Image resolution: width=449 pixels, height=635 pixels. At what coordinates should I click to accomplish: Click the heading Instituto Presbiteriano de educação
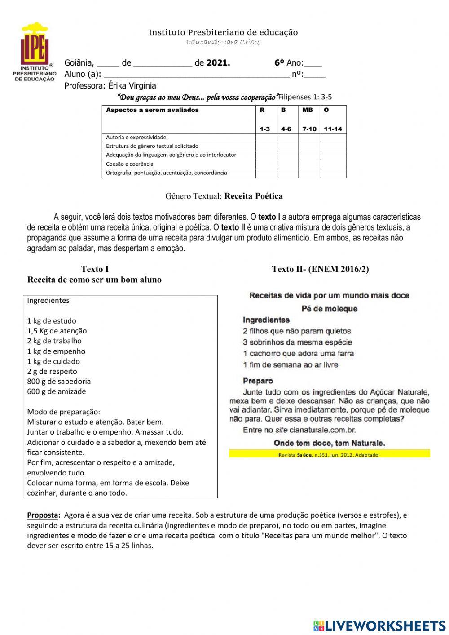click(x=223, y=32)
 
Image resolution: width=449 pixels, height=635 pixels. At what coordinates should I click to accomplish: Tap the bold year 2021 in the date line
click(x=218, y=63)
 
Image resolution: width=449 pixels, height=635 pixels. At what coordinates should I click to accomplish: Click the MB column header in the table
click(x=308, y=110)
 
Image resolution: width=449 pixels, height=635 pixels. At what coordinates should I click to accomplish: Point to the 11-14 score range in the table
click(x=333, y=129)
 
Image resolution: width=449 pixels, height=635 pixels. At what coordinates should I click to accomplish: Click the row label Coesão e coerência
click(x=130, y=164)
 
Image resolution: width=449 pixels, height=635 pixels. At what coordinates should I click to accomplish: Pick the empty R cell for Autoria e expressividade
click(x=266, y=138)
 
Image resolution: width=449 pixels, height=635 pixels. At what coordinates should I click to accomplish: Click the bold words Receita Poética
click(x=253, y=196)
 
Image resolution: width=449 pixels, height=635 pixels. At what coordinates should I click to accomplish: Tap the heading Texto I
click(x=95, y=269)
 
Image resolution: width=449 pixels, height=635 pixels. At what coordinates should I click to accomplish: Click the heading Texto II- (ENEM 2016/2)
click(x=320, y=269)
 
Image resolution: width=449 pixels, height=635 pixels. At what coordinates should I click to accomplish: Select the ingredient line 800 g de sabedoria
click(x=59, y=382)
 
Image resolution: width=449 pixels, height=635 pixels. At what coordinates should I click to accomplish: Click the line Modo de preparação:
click(x=64, y=412)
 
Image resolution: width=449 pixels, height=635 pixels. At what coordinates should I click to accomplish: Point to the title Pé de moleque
click(x=329, y=309)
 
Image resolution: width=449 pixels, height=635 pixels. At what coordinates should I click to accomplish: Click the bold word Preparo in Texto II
click(x=258, y=381)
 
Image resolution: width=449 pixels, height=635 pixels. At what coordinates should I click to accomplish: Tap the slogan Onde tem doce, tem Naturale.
click(x=329, y=443)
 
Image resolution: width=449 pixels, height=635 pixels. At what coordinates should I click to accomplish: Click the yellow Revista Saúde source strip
click(x=329, y=454)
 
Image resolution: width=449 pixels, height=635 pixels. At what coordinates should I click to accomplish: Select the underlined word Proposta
click(x=44, y=515)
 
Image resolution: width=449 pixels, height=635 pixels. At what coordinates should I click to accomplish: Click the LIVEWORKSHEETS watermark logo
click(x=379, y=626)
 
